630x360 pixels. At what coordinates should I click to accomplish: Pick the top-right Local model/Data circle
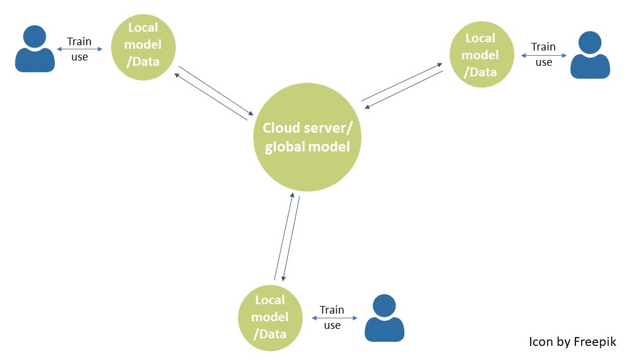pyautogui.click(x=481, y=55)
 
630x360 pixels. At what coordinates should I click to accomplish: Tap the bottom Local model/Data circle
pyautogui.click(x=270, y=317)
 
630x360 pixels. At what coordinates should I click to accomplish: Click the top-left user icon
pyautogui.click(x=35, y=49)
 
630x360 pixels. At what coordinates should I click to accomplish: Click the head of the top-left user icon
pyautogui.click(x=35, y=36)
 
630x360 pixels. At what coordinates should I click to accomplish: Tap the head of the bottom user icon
pyautogui.click(x=385, y=305)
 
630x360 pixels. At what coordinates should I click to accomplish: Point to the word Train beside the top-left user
pyautogui.click(x=79, y=42)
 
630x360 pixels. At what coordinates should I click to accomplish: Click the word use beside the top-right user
pyautogui.click(x=544, y=62)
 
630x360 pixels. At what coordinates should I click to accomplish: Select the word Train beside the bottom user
pyautogui.click(x=332, y=310)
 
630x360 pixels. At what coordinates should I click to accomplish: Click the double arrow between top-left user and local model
pyautogui.click(x=79, y=49)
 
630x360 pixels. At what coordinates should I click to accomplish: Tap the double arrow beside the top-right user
pyautogui.click(x=544, y=55)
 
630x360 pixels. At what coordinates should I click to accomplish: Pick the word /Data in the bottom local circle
pyautogui.click(x=270, y=334)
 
